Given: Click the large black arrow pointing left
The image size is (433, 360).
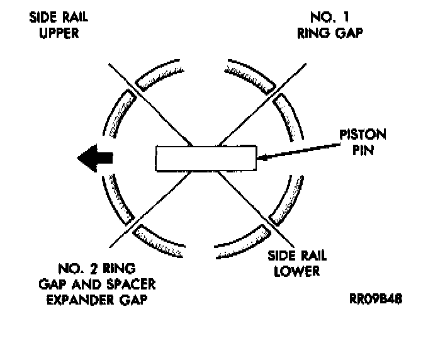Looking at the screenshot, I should point(94,158).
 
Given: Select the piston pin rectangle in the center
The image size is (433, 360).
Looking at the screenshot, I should point(206,158).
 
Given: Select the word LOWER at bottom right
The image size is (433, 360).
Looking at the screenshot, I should point(293,271).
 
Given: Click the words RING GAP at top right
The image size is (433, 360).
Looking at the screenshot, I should point(330,33).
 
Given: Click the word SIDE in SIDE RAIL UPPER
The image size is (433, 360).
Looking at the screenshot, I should point(42,17).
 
